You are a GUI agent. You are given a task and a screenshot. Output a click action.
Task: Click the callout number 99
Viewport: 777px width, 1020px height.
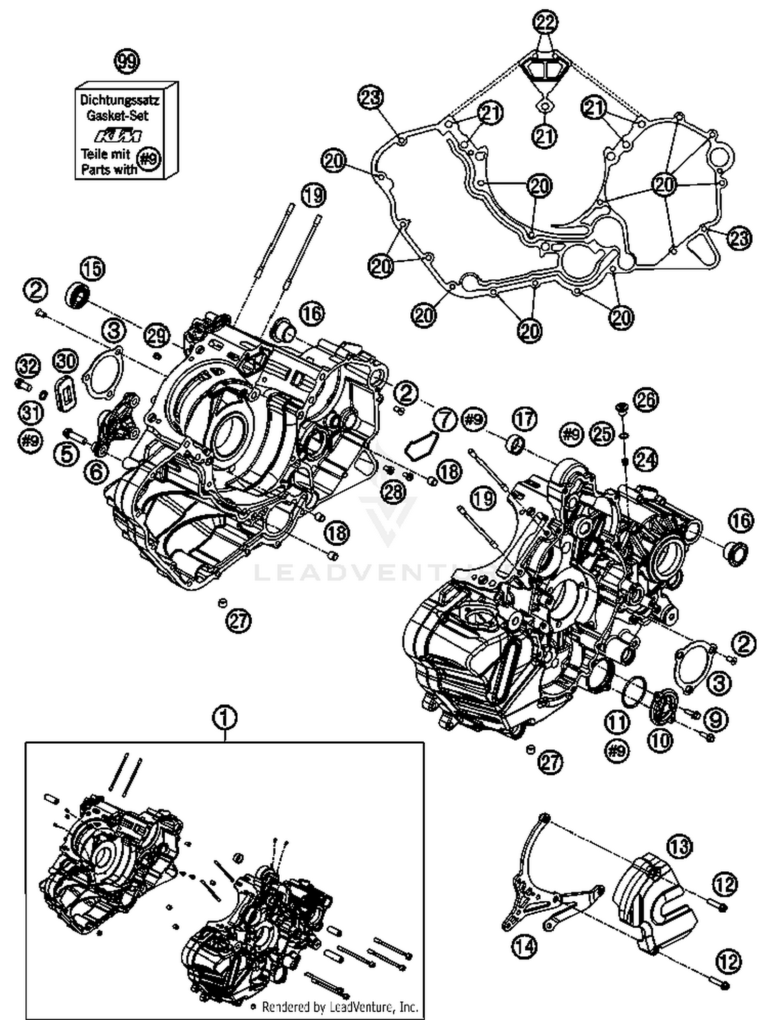[x=127, y=62]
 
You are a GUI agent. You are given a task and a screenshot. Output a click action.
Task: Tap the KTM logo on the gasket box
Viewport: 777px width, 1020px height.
[x=118, y=136]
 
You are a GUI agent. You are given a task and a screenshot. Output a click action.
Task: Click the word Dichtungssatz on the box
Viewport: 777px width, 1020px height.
[x=120, y=100]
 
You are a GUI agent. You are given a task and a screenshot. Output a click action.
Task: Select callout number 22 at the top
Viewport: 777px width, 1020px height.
[x=545, y=22]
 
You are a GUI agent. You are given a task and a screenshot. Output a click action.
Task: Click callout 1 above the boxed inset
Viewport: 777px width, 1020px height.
[x=224, y=718]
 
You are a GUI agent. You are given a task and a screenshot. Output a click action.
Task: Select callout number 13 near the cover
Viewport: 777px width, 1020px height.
[x=679, y=847]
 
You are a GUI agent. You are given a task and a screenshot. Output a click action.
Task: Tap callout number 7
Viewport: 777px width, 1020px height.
[x=445, y=419]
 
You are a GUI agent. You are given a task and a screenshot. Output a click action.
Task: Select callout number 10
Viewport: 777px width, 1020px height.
[x=660, y=740]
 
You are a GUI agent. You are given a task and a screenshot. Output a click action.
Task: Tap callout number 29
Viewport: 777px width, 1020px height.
[x=157, y=336]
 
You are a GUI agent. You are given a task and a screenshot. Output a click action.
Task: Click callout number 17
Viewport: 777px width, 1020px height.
[x=525, y=418]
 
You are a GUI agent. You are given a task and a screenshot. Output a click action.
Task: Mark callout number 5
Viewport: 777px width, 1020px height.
[x=66, y=455]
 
